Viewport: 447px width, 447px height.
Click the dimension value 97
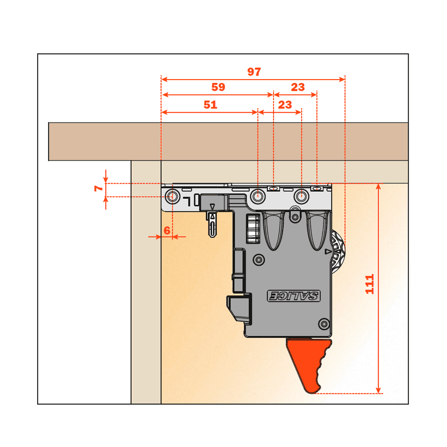[x=254, y=72]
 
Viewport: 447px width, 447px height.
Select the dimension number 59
[x=218, y=87]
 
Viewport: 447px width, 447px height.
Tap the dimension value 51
[x=211, y=105]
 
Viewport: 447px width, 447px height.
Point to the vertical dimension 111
[x=370, y=284]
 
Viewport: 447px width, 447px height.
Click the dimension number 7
[x=99, y=188]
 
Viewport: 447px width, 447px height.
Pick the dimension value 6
[x=167, y=230]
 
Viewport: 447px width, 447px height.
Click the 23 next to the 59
[x=298, y=87]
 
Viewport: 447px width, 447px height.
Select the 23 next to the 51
[x=285, y=105]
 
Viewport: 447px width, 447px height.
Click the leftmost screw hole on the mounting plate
[x=173, y=196]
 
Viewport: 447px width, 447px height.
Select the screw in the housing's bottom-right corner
[x=324, y=324]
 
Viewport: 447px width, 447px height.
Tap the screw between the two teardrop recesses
[x=295, y=217]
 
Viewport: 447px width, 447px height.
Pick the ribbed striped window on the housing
[x=253, y=228]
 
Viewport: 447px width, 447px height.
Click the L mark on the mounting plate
[x=187, y=201]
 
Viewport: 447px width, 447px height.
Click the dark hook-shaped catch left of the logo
[x=240, y=309]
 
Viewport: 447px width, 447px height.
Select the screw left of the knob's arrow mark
[x=259, y=260]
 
